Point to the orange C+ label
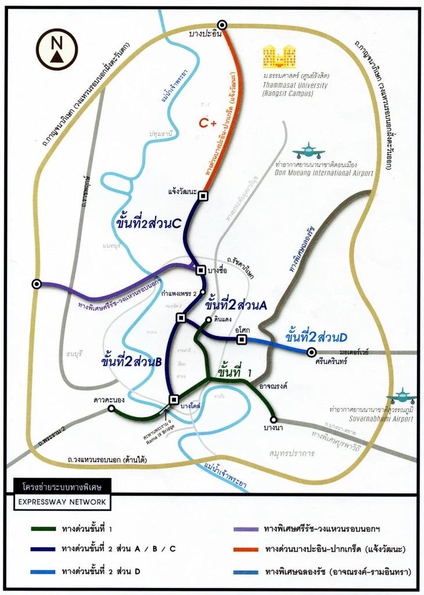tap(207, 123)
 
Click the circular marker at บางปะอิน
tap(222, 24)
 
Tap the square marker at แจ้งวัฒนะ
tap(203, 196)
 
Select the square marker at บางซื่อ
tap(201, 270)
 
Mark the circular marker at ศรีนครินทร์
tap(312, 352)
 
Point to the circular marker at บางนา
tap(274, 420)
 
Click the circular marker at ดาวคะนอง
tap(111, 408)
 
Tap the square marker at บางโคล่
tap(173, 399)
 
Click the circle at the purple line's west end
tap(37, 284)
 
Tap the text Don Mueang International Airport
tap(322, 173)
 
